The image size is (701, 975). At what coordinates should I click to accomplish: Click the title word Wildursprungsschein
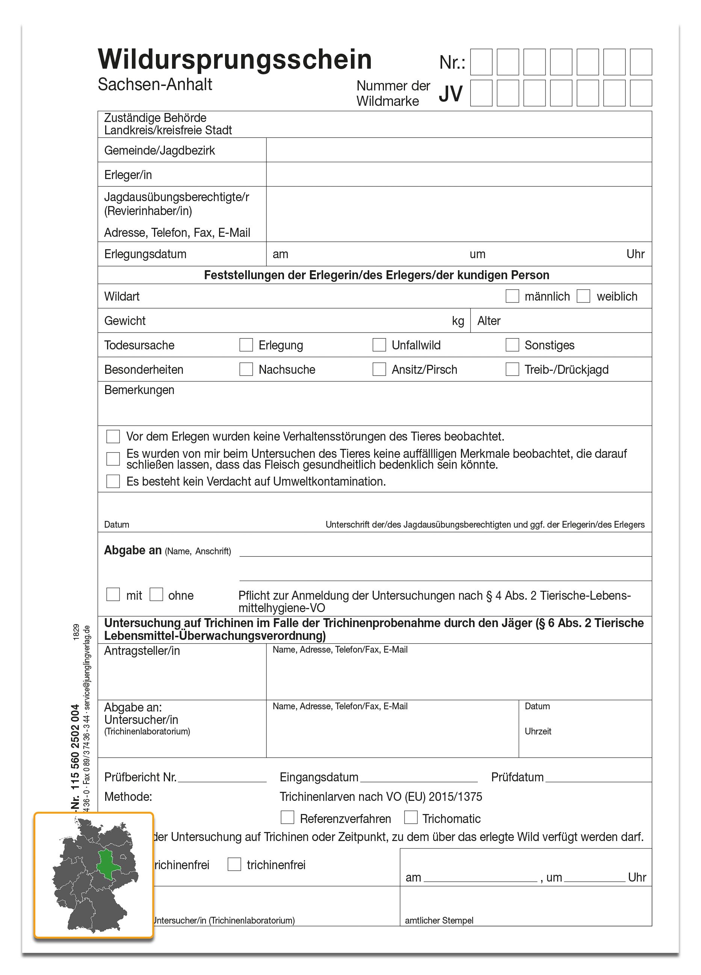coord(234,59)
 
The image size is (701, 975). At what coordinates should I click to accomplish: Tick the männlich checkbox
coord(512,296)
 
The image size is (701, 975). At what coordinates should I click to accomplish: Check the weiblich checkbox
coord(583,296)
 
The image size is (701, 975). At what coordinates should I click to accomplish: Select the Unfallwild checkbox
coord(379,345)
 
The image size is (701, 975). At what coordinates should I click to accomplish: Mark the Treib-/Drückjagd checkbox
coord(512,369)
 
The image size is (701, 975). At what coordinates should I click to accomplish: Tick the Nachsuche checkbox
coord(246,369)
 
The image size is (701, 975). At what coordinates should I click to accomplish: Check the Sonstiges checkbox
coord(512,345)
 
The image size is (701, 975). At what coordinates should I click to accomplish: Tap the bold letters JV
coord(450,94)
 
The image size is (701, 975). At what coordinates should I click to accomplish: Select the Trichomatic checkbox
coord(411,817)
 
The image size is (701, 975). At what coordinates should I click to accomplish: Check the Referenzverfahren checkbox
coord(287,817)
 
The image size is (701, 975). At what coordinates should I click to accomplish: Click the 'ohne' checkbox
coord(156,594)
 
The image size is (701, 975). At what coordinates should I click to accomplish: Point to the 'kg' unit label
coord(458,321)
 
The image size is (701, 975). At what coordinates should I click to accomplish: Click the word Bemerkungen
coord(139,390)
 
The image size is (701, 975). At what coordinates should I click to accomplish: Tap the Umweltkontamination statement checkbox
coord(113,481)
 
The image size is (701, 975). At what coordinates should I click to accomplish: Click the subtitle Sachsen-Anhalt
coord(155,85)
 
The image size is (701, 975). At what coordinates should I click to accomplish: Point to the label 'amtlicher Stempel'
coord(439,921)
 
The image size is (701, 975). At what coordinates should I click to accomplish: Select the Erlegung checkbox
coord(246,345)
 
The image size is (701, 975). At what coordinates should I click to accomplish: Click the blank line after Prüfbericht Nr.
coord(222,778)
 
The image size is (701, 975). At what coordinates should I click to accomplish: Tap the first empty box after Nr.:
coord(481,62)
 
